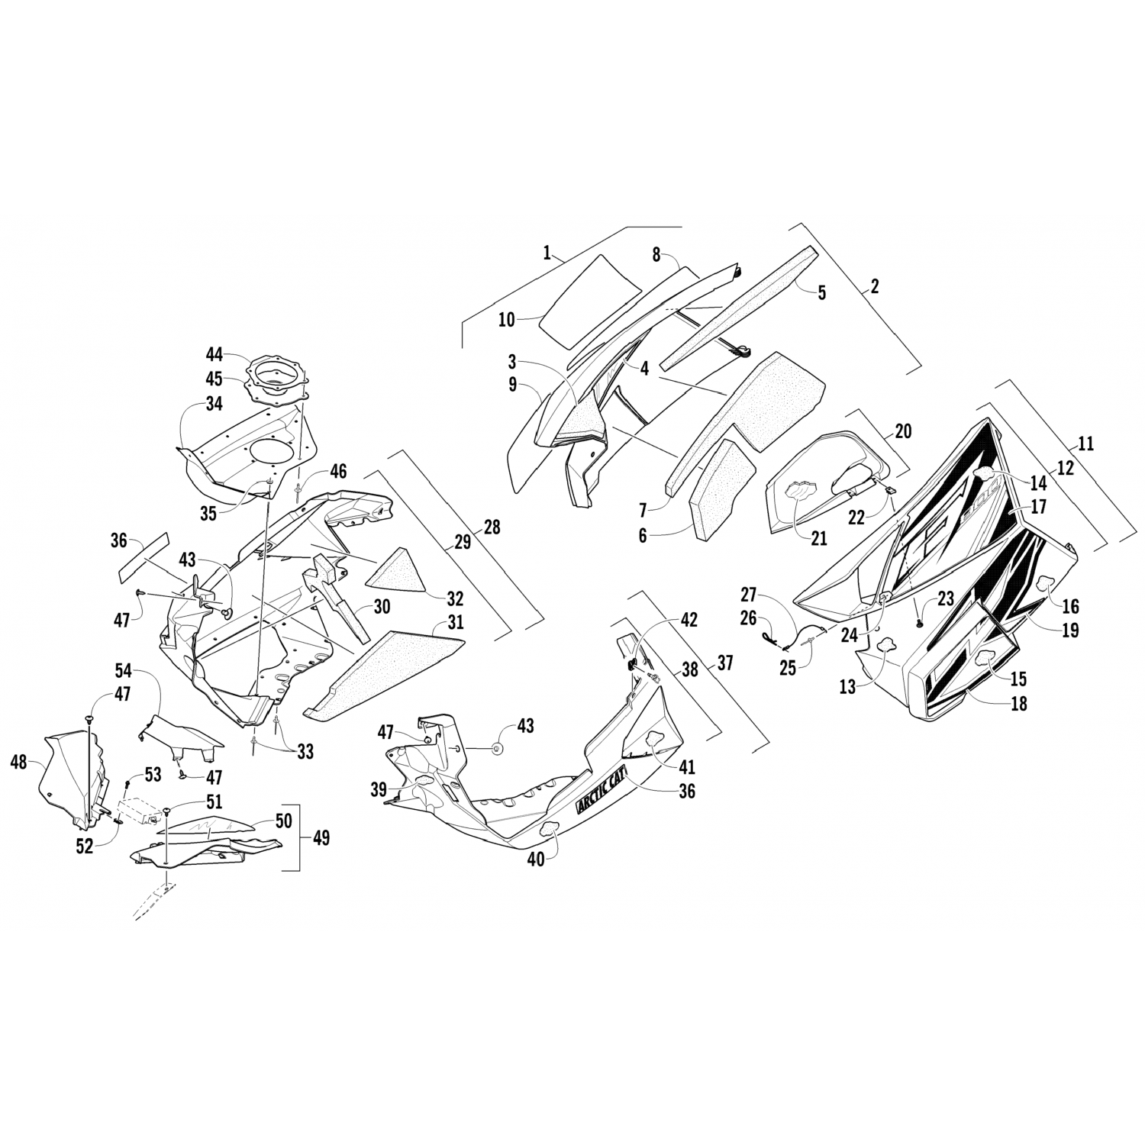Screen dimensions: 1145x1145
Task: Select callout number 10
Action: (x=507, y=320)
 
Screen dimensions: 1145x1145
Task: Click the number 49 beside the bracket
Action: (x=321, y=837)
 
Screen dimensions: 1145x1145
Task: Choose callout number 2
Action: (x=874, y=286)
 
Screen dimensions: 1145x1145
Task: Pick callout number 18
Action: (x=1018, y=702)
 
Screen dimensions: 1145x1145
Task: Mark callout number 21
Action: (x=818, y=538)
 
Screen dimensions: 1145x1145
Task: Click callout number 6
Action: (x=643, y=536)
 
